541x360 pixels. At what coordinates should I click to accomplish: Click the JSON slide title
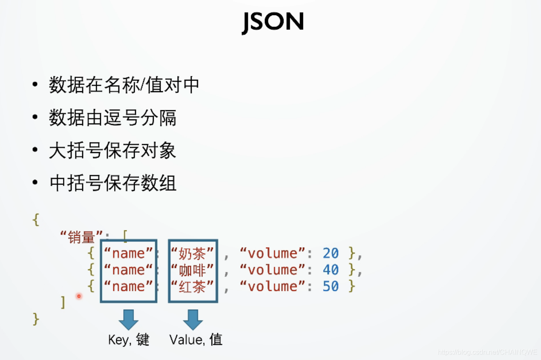point(273,22)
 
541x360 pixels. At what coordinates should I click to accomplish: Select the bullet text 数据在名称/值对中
point(124,85)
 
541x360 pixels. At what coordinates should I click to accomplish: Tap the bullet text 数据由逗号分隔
point(112,118)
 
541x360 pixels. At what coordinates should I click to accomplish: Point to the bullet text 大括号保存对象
point(112,151)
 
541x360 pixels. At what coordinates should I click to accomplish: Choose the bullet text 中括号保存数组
point(112,184)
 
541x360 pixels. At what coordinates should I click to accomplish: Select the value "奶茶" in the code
point(193,253)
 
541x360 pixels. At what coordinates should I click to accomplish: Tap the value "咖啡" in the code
point(193,270)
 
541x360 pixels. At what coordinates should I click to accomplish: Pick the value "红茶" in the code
point(193,286)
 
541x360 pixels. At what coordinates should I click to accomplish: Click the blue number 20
point(331,253)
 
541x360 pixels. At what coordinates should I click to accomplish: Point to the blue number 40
point(331,270)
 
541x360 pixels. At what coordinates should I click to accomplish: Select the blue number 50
point(331,286)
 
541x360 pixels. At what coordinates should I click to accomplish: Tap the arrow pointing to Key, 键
point(128,319)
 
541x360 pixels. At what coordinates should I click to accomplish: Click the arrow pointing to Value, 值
point(193,319)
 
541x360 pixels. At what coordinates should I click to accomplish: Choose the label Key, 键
point(129,340)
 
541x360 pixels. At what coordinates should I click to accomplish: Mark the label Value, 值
point(196,340)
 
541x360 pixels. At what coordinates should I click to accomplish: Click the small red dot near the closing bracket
point(79,296)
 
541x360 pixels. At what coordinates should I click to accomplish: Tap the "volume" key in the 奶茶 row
point(273,253)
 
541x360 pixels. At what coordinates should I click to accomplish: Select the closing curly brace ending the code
point(36,319)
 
